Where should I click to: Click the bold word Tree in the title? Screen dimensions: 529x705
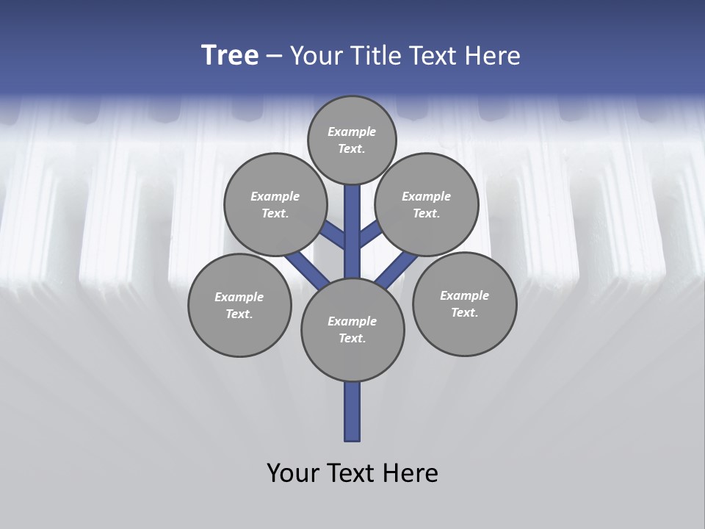(x=230, y=55)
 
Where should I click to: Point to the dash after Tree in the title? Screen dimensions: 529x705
(x=274, y=56)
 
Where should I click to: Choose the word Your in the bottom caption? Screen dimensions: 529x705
(x=293, y=472)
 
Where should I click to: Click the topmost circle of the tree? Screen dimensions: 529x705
(x=352, y=140)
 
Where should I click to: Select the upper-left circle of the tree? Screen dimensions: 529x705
(x=275, y=204)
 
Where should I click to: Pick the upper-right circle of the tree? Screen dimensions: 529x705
(x=427, y=204)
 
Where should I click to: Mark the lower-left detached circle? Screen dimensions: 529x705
(x=239, y=305)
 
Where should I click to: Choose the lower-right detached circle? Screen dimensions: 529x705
(x=464, y=303)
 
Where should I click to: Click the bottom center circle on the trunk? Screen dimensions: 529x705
(x=352, y=329)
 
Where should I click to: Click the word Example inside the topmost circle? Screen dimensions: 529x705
(x=352, y=132)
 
